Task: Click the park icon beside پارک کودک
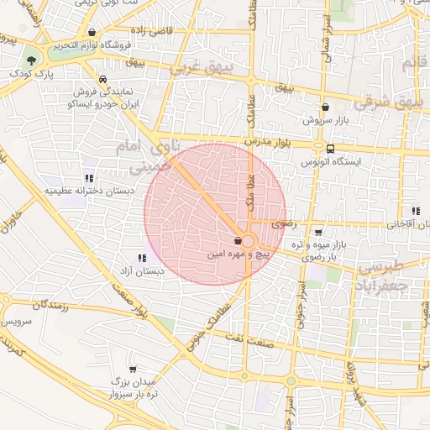tap(31, 60)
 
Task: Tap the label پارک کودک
tap(31, 74)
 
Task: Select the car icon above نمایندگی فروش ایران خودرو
tap(102, 80)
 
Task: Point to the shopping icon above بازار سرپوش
tap(325, 107)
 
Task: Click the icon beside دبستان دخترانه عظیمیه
tap(88, 178)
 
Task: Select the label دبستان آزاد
tap(140, 271)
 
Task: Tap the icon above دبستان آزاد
tap(141, 258)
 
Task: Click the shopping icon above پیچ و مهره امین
tap(239, 241)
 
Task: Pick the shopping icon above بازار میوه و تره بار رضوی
tap(318, 233)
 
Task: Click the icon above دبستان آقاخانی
tap(415, 212)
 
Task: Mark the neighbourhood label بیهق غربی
tap(195, 69)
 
